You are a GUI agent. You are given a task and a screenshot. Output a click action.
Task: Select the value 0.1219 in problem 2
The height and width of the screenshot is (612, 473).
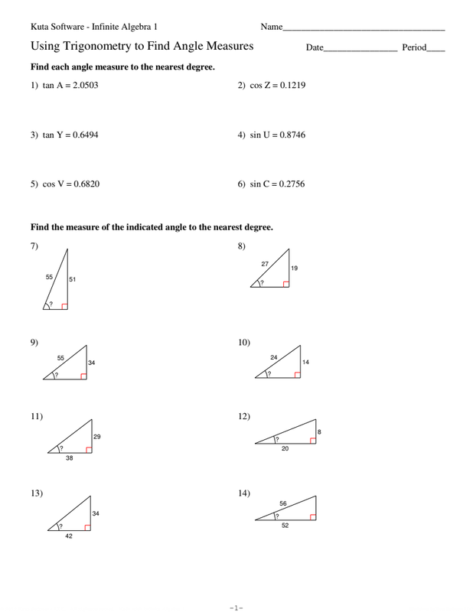point(291,86)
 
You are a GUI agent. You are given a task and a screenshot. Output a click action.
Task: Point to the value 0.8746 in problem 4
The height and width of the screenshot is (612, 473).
point(290,135)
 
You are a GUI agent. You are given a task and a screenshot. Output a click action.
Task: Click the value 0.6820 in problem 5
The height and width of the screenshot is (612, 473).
point(85,184)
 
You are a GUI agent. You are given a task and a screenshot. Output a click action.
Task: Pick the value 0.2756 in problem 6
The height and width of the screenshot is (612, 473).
point(290,184)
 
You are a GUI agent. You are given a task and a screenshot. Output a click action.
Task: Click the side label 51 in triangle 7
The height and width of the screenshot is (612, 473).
point(73,279)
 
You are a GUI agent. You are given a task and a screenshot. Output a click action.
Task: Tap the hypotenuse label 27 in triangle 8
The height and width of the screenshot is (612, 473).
point(264,263)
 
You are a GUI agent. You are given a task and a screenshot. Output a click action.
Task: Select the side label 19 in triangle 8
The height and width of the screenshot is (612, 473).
point(295,268)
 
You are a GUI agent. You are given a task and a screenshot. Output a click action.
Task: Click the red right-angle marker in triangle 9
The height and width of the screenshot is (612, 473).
point(82,376)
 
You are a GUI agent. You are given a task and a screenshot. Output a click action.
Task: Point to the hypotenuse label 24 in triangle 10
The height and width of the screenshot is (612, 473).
point(273,357)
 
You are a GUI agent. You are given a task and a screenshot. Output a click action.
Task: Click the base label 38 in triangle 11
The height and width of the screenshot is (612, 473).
point(70,458)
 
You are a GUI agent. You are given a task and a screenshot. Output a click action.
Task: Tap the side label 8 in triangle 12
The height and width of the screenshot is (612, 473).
point(319,432)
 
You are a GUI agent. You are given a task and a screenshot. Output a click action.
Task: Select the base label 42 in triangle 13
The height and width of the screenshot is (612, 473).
point(69,536)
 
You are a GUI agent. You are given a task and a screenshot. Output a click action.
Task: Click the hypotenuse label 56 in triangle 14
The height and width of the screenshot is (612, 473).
point(282,503)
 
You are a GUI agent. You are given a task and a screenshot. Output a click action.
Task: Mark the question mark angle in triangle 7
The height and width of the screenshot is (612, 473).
point(51,304)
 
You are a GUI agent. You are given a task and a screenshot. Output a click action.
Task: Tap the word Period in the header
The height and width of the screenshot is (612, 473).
point(413,47)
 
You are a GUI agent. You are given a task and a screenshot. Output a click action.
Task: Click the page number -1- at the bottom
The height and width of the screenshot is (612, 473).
point(236,607)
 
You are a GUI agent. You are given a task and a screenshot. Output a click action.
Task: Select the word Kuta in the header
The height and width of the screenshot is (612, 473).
point(40,27)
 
